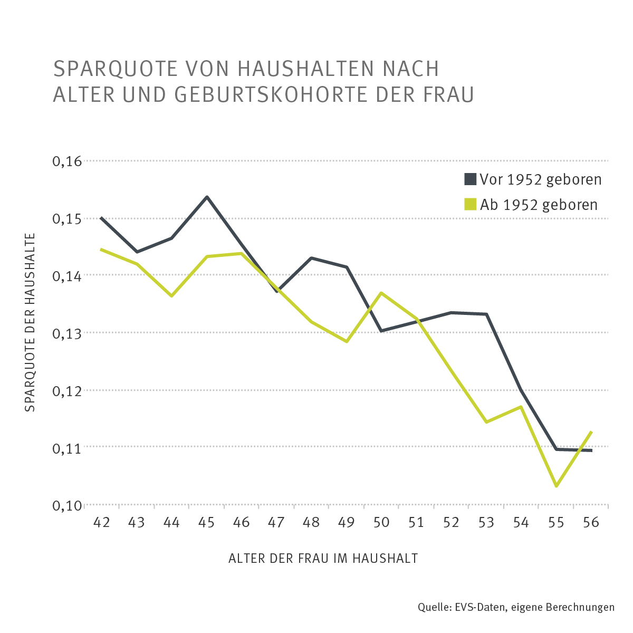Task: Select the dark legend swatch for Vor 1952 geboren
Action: pyautogui.click(x=470, y=179)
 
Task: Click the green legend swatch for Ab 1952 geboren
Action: pyautogui.click(x=470, y=204)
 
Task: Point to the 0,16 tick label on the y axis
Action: pyautogui.click(x=67, y=161)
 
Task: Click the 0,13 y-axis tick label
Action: pyautogui.click(x=67, y=333)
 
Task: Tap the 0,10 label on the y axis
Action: pyautogui.click(x=67, y=505)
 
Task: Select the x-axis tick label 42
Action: pyautogui.click(x=101, y=522)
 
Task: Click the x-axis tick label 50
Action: pyautogui.click(x=381, y=522)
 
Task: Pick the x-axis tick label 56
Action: pyautogui.click(x=591, y=522)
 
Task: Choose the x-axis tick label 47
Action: pyautogui.click(x=276, y=522)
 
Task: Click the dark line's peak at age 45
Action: pyautogui.click(x=207, y=197)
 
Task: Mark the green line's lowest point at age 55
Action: pyautogui.click(x=556, y=486)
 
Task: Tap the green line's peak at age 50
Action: pyautogui.click(x=381, y=293)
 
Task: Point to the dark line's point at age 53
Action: pyautogui.click(x=486, y=314)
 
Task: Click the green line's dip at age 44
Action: pyautogui.click(x=171, y=296)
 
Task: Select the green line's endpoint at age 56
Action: pyautogui.click(x=591, y=432)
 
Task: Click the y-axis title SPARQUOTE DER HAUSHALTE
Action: pyautogui.click(x=30, y=322)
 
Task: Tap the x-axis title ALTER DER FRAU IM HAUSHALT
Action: pyautogui.click(x=323, y=559)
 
